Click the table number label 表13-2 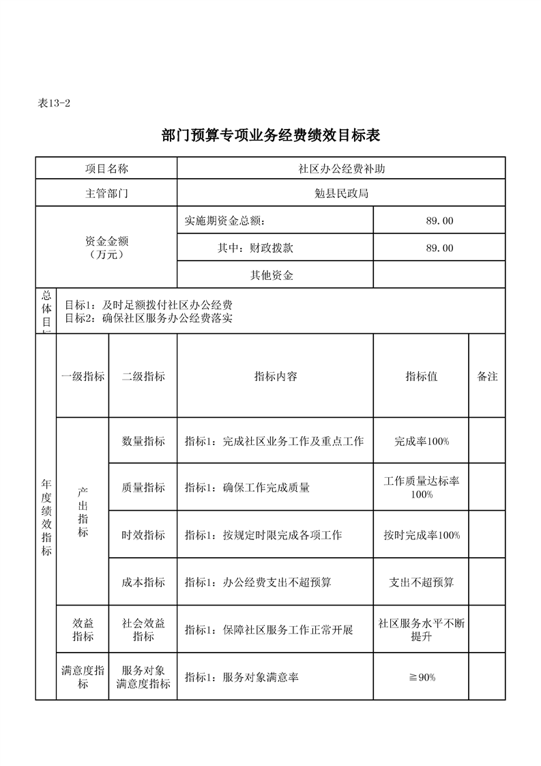(55, 103)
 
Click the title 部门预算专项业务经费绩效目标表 (271, 135)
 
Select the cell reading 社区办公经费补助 (341, 169)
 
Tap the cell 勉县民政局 (341, 193)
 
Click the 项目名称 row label (106, 169)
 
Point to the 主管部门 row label (106, 193)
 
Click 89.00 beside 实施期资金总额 (439, 221)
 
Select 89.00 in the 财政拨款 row (439, 248)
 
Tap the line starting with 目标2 (148, 317)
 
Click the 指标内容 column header (276, 376)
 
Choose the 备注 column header (487, 376)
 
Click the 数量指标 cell (143, 441)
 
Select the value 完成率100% (422, 441)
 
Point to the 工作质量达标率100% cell (422, 487)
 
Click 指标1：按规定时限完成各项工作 (263, 535)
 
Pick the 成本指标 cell (143, 582)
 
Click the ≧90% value (422, 677)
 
